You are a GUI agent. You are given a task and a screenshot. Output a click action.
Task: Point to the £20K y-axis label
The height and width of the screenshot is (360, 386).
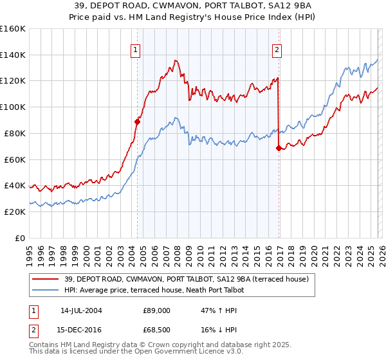click(13, 212)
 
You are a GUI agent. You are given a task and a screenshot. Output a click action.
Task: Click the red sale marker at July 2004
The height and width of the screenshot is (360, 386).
click(137, 121)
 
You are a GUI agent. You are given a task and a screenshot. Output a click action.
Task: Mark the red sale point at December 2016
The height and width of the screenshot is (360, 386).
click(279, 148)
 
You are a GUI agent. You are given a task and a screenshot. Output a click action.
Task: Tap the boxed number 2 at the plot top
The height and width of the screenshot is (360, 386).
click(277, 50)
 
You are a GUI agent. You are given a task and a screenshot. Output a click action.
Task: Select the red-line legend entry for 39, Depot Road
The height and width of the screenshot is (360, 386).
click(187, 279)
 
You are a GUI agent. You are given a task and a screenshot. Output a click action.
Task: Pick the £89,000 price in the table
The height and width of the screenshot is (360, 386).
click(156, 310)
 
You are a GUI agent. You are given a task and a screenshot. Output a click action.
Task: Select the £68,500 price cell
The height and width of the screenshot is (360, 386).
click(156, 331)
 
